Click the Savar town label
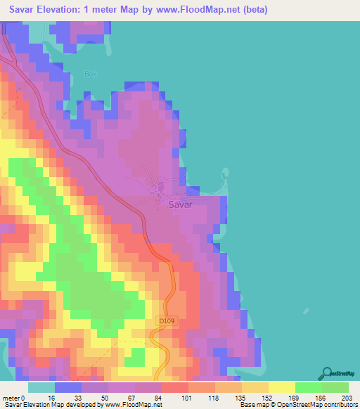pos(181,205)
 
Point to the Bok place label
pos(89,74)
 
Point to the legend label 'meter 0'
pos(14,397)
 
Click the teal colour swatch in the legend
pos(41,387)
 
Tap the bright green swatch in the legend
pos(308,387)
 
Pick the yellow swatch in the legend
pos(281,387)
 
